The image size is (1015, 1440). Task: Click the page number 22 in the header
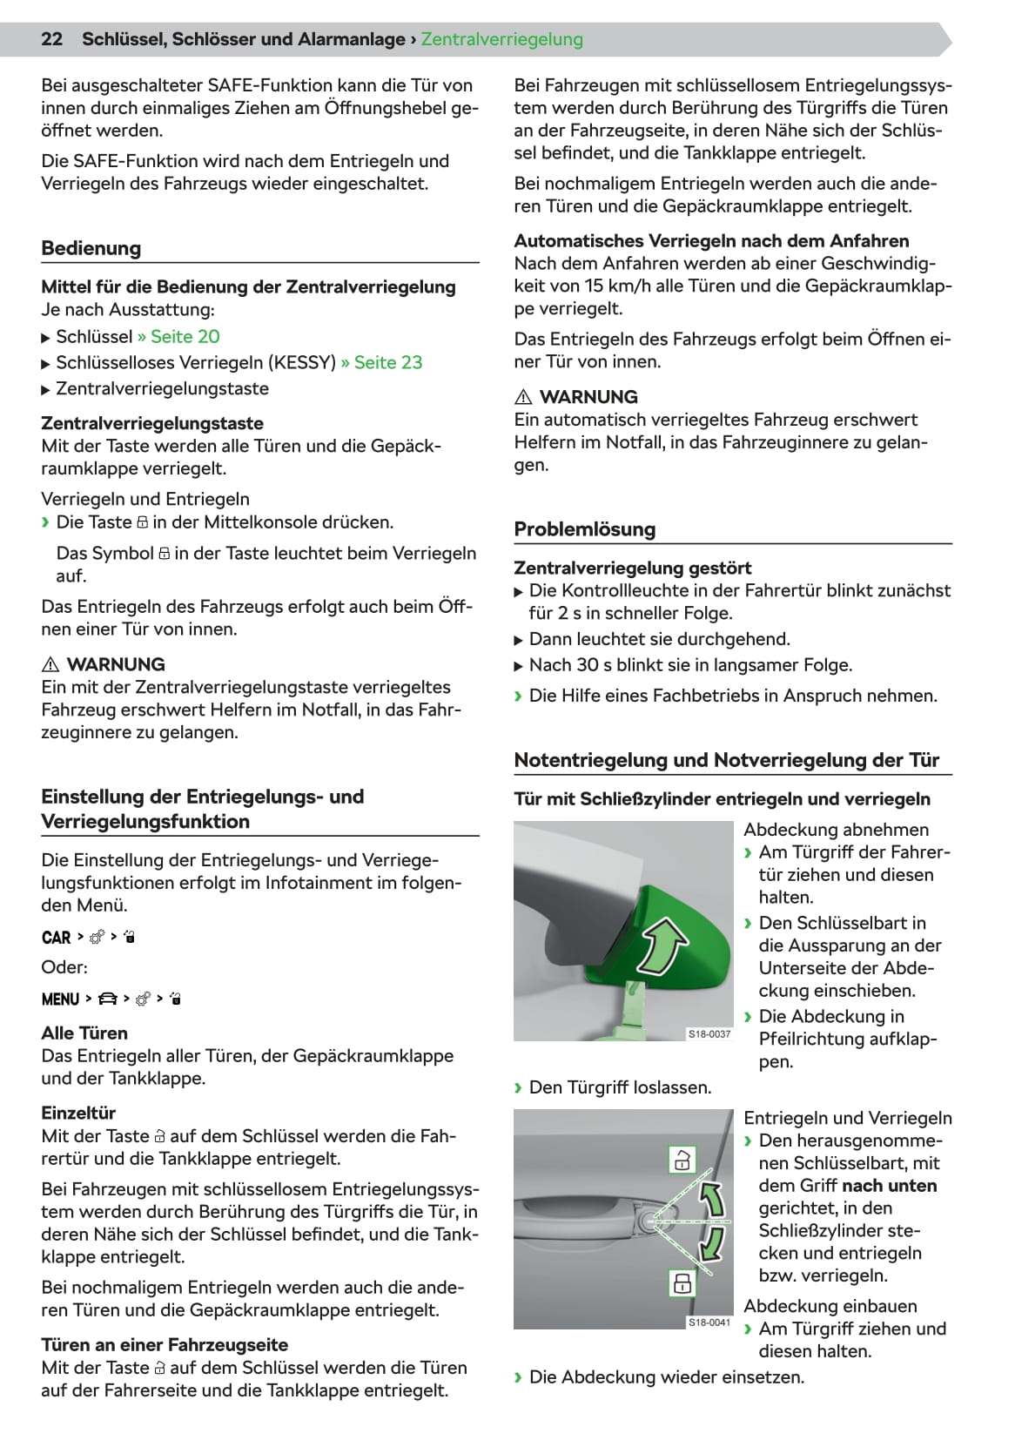coord(52,39)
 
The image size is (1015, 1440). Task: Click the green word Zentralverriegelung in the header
coord(501,39)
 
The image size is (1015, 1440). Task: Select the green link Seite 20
coord(185,337)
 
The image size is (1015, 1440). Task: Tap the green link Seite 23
coord(387,363)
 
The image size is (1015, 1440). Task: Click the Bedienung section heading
coord(91,248)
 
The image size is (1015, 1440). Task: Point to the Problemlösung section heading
coord(584,529)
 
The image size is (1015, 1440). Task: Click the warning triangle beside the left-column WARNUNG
coord(50,665)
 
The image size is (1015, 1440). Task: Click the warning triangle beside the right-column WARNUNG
coord(523,398)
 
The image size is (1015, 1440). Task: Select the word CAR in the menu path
coord(56,938)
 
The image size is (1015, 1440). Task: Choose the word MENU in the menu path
coord(60,999)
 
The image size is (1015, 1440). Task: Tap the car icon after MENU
coord(108,999)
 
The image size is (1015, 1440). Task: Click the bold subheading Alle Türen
coord(84,1033)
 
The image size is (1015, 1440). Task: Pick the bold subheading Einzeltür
coord(78,1114)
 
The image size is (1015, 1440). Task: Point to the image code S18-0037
coord(709,1034)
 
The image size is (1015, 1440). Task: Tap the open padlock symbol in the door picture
coord(682,1160)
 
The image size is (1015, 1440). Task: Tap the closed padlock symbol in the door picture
coord(682,1282)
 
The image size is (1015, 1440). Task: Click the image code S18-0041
coord(709,1322)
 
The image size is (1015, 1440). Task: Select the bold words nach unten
coord(889,1186)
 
